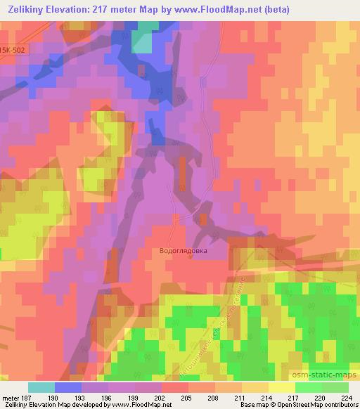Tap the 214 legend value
(266, 397)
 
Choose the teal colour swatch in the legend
(41, 387)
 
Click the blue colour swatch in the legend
(68, 387)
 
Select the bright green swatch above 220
(309, 387)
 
